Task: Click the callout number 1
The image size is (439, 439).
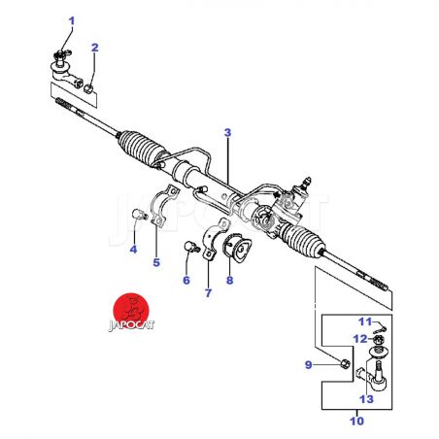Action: (72, 21)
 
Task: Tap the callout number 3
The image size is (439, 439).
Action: (228, 133)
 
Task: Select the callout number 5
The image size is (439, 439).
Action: (156, 262)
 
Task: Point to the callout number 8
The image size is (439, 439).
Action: (229, 280)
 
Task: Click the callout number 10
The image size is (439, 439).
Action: (356, 422)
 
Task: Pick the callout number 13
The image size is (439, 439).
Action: (366, 399)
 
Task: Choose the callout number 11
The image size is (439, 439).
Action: (365, 321)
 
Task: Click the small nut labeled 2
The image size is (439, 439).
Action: (88, 88)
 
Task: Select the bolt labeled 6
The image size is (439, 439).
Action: (191, 247)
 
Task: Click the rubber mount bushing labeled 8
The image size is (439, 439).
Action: (237, 248)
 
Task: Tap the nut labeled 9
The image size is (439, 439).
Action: (345, 363)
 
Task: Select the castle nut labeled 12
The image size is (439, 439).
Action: (379, 340)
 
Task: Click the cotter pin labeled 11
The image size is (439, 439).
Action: (380, 329)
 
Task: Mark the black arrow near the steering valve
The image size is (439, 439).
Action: (276, 195)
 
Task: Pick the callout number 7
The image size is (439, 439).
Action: (208, 293)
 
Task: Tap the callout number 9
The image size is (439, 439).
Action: (309, 365)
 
